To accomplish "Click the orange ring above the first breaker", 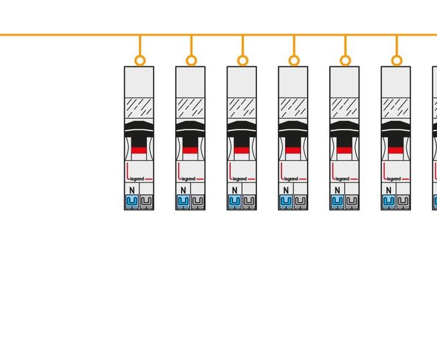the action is [140, 60].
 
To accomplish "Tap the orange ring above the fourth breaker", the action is [294, 60].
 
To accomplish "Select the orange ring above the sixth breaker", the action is [397, 60].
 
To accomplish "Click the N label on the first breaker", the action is [132, 190].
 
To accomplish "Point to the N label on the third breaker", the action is [235, 190].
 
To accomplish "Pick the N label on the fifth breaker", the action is [337, 190].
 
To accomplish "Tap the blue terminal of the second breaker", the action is [183, 201].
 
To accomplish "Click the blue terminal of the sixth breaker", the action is [389, 201].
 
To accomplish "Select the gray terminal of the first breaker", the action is [146, 201].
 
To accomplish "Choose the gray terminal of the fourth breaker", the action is [300, 201].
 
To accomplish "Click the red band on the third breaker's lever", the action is [242, 150].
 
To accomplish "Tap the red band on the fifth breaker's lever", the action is [345, 150].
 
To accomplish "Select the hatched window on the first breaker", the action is [139, 108].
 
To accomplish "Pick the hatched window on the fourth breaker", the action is [293, 108].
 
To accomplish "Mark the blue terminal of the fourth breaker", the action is [286, 201].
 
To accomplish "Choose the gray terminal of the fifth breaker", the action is [352, 201].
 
